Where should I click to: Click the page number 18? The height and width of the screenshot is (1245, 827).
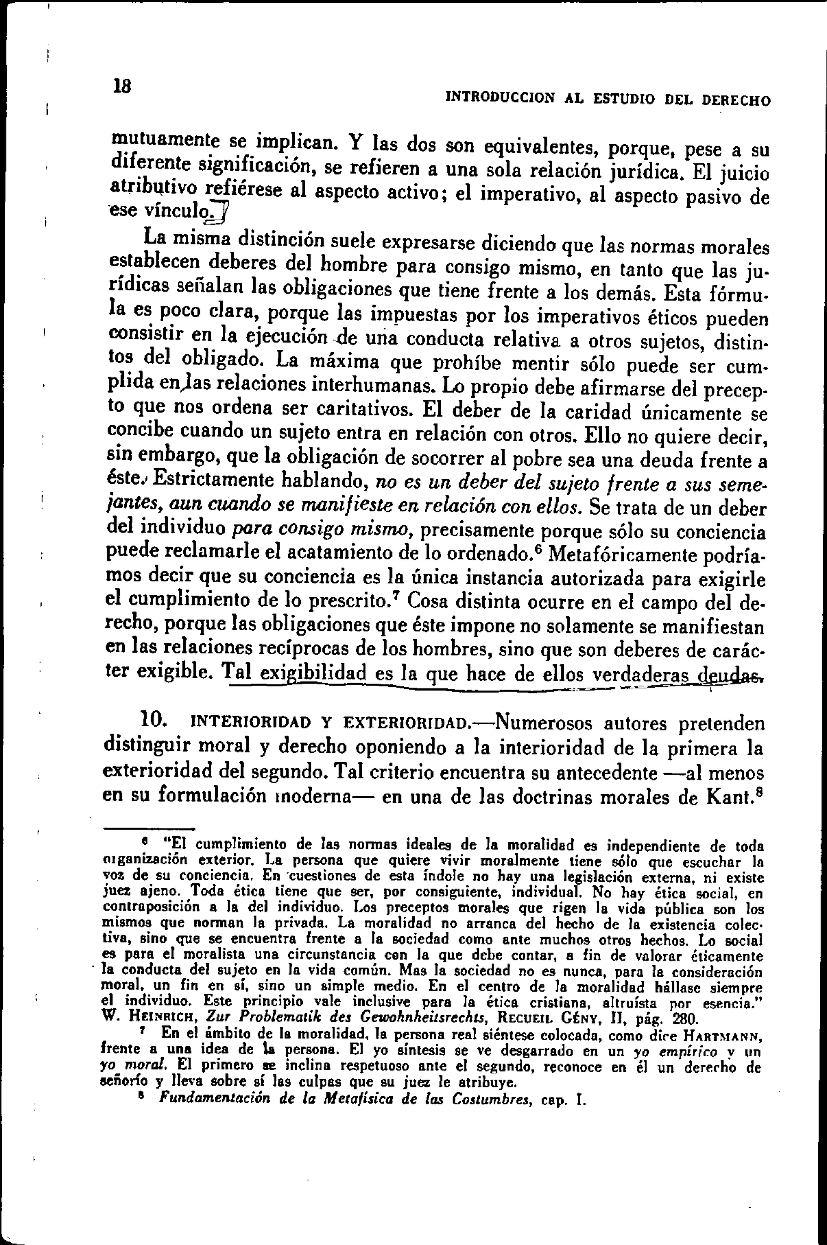122,86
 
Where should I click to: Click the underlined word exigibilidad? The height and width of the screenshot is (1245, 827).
313,674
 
